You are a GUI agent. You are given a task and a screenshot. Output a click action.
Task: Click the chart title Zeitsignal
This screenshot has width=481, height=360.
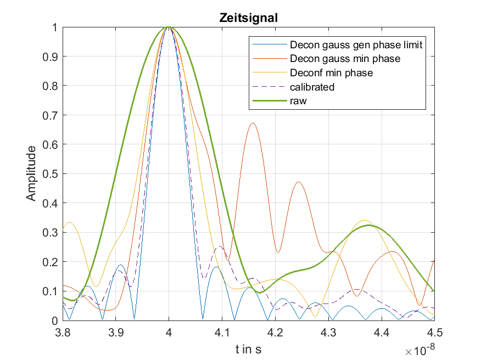249,18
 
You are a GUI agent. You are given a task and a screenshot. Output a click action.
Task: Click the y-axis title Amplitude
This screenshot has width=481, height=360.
32,173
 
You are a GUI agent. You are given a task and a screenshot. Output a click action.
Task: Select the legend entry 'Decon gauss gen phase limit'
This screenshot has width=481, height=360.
355,45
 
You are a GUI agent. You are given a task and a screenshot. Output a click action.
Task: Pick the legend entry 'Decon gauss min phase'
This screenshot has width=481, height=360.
345,59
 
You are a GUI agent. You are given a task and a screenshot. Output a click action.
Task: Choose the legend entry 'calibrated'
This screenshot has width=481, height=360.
312,87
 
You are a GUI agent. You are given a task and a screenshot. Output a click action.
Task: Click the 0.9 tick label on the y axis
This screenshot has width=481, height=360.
51,57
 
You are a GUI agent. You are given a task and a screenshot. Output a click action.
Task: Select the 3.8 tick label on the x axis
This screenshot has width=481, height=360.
63,333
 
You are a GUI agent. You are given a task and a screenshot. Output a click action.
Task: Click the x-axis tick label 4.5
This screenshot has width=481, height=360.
435,333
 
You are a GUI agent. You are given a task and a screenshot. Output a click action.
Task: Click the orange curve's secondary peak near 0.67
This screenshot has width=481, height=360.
253,123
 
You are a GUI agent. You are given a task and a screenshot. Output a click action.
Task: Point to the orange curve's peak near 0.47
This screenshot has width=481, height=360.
298,182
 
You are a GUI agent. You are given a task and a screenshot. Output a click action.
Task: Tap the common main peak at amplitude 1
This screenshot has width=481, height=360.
169,27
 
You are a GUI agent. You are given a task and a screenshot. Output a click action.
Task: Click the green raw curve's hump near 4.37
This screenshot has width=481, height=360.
368,225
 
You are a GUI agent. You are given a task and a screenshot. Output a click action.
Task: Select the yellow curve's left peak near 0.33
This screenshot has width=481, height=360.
70,222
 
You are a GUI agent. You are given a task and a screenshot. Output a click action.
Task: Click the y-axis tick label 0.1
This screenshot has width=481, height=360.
51,291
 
